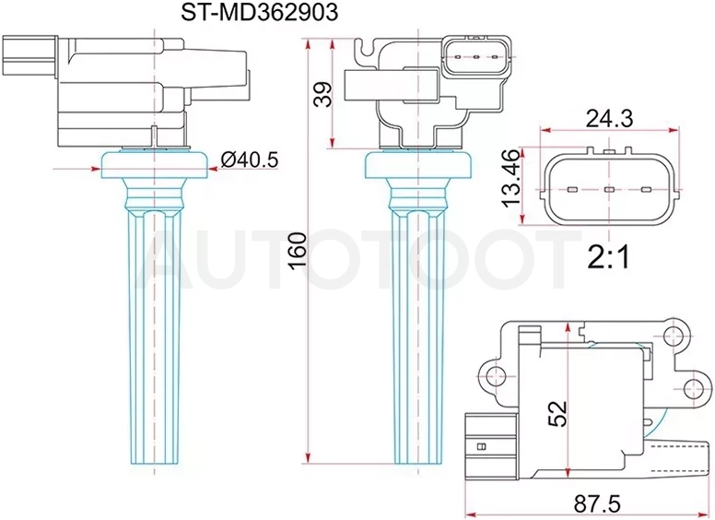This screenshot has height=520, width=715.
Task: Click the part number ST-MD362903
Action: click(x=260, y=13)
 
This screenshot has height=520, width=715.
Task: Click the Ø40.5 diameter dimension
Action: click(x=250, y=160)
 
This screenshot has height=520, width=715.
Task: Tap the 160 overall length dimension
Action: click(x=299, y=251)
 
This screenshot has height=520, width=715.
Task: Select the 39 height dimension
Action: click(x=322, y=94)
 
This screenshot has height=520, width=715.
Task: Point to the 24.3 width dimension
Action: click(x=609, y=119)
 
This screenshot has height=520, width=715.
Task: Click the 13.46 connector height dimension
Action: click(x=510, y=178)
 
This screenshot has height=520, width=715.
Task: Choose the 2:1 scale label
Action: click(x=608, y=257)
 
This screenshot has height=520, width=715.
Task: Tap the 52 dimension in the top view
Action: click(x=557, y=413)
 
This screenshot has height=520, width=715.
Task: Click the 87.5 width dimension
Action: click(x=596, y=505)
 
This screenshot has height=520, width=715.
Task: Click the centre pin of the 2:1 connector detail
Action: click(x=609, y=189)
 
